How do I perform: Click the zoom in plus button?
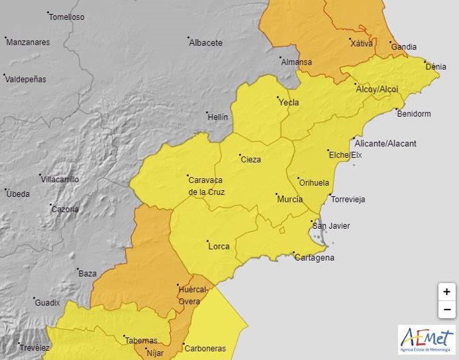(446, 291)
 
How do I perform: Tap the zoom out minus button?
(446, 309)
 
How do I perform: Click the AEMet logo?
(426, 339)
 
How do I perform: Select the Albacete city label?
(206, 43)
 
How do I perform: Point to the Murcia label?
(290, 199)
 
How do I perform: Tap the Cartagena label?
(315, 258)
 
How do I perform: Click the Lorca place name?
(219, 246)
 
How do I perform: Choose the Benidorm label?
(413, 114)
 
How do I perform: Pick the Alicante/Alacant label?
(385, 143)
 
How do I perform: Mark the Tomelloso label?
(67, 17)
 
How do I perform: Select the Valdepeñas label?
(26, 79)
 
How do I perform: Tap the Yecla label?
(289, 102)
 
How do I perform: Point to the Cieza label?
(250, 159)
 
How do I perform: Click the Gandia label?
(404, 47)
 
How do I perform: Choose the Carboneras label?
(206, 348)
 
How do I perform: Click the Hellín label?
(218, 116)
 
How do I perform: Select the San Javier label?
(331, 226)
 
